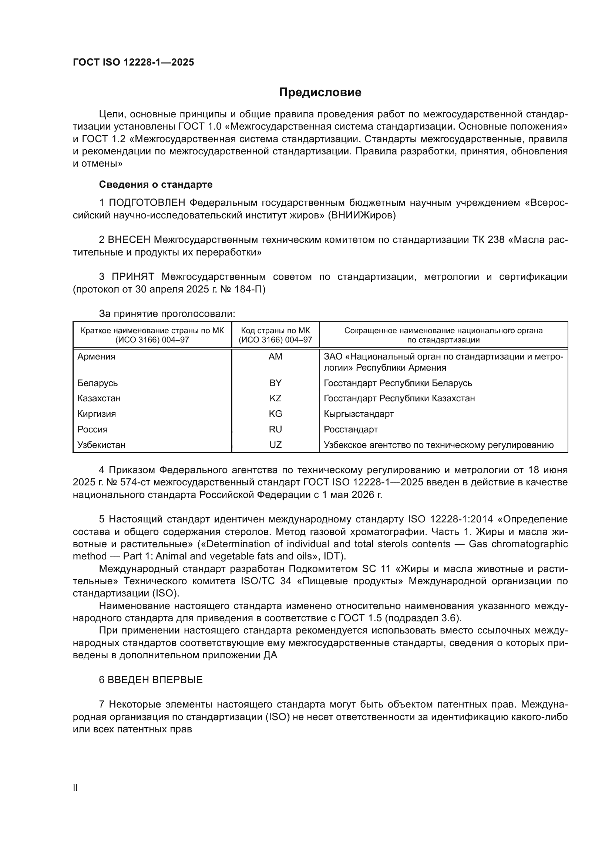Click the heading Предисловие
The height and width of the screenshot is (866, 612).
(x=320, y=93)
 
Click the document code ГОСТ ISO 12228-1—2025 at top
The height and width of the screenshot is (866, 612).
(x=134, y=62)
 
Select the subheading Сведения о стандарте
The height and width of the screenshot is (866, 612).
(x=156, y=184)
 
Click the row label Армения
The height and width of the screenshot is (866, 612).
(x=97, y=357)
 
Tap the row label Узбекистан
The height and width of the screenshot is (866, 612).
(x=101, y=445)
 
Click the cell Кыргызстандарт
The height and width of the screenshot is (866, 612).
(x=359, y=414)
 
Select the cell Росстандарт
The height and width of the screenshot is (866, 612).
(x=350, y=429)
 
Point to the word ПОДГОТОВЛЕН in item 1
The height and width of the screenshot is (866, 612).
(x=147, y=203)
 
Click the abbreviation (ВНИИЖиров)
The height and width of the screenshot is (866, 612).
(x=362, y=215)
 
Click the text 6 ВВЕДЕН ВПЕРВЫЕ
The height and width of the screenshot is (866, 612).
(x=151, y=680)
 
